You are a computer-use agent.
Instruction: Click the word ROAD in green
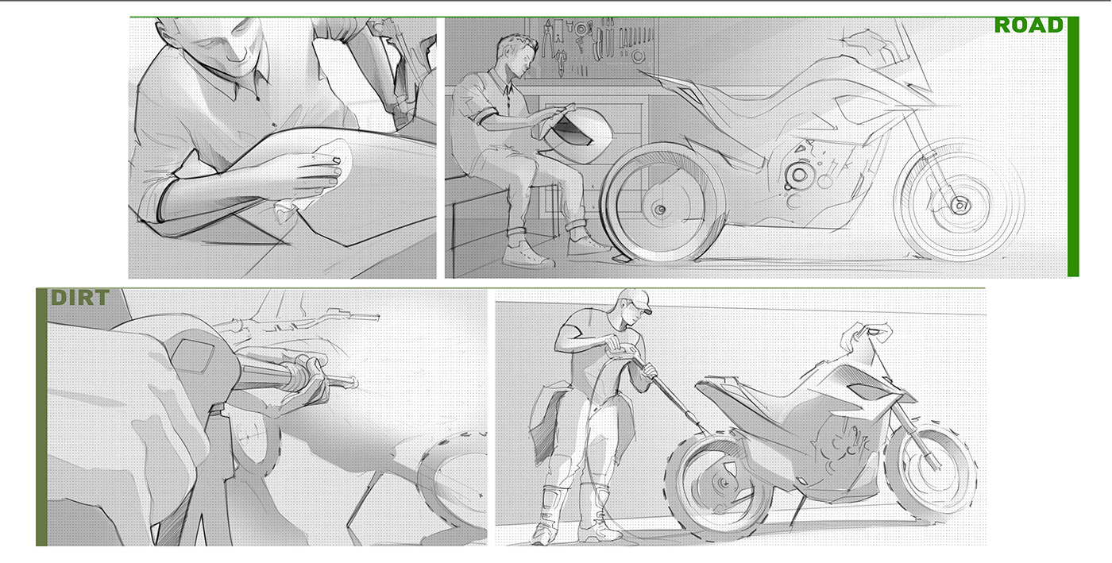coord(1028,25)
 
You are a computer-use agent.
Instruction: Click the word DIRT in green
coord(79,298)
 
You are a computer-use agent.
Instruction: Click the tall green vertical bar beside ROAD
coord(1073,151)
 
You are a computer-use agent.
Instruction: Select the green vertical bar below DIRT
coord(41,429)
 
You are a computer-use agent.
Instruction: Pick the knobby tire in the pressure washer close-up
coord(453,469)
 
